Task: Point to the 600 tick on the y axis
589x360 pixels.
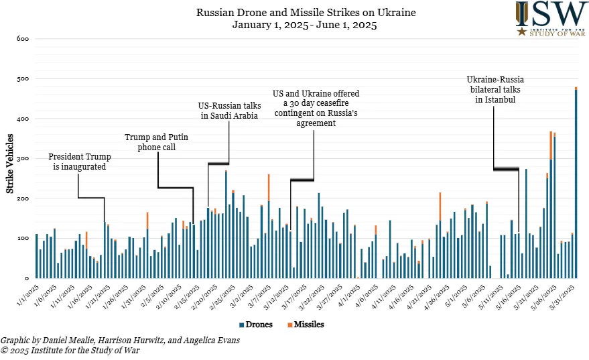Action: coord(22,39)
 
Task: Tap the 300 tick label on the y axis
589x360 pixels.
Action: coord(22,159)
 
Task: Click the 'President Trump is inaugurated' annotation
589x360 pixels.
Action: coord(79,162)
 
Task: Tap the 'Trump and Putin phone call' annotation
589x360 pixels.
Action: coord(156,142)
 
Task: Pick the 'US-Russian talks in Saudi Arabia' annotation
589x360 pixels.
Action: coord(229,111)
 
